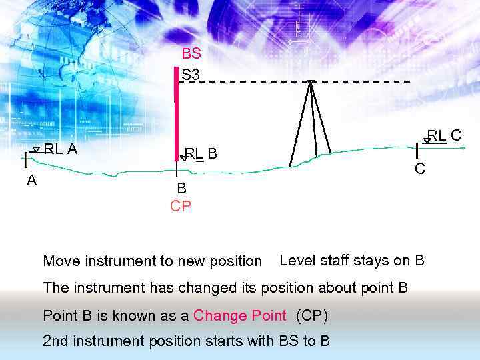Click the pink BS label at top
pos(191,54)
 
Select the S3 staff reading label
pos(191,75)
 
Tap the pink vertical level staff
pos(177,113)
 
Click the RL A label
pos(60,149)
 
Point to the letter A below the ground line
pos(31,181)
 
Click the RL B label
pos(201,154)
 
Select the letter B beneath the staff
pos(181,189)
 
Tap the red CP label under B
pos(181,207)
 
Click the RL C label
pos(444,136)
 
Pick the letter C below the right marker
pos(419,169)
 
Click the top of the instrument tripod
pos(311,83)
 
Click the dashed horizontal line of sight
pos(253,81)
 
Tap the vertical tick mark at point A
pos(26,159)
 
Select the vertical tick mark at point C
pos(417,150)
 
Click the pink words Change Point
pos(239,315)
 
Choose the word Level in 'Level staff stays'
pos(297,260)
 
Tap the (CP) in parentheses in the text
pos(311,315)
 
